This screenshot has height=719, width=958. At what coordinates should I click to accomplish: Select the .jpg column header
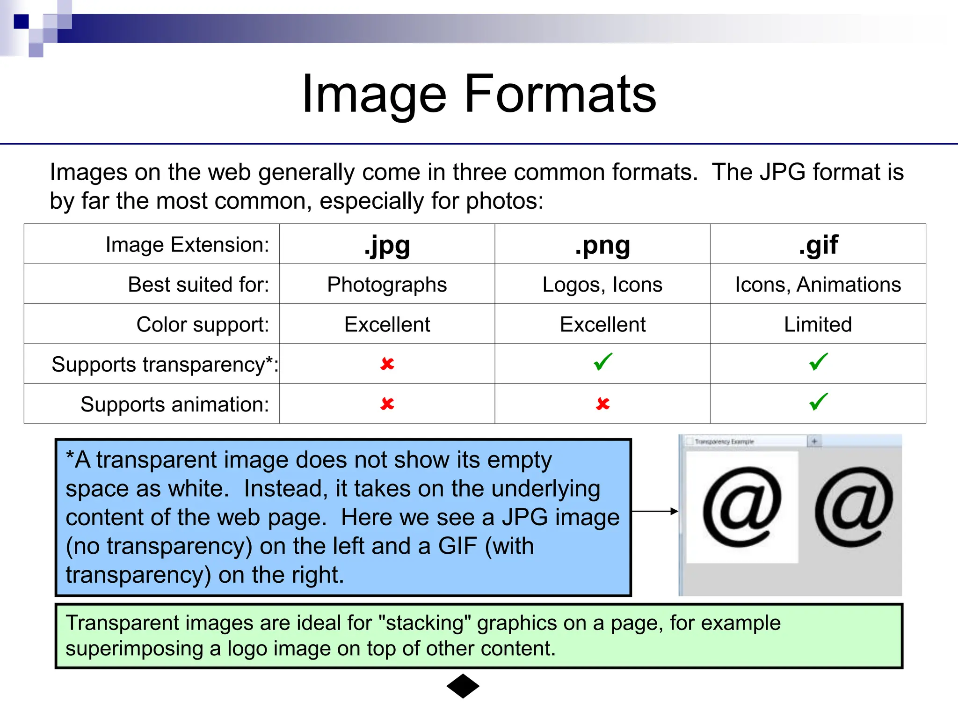387,245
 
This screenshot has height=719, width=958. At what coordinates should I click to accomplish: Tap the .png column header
602,245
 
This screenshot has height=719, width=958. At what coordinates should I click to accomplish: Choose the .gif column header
818,245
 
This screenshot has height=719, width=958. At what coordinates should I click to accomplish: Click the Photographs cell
387,285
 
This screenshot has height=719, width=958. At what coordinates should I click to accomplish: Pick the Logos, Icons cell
602,285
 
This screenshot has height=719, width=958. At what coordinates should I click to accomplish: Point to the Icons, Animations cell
818,285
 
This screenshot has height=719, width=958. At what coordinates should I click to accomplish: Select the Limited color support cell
818,324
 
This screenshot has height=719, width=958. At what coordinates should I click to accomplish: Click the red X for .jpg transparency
387,364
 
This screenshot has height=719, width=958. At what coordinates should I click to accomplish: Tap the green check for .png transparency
603,362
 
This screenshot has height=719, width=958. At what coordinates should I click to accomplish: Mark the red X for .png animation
603,404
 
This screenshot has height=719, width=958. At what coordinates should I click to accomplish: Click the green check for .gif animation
819,402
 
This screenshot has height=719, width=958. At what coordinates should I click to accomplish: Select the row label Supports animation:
174,404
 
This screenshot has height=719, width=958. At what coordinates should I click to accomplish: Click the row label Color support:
203,324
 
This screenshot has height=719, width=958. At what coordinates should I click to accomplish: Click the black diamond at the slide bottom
463,686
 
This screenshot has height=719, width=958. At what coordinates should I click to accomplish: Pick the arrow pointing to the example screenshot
654,511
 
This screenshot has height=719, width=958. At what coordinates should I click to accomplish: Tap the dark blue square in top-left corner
21,22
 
